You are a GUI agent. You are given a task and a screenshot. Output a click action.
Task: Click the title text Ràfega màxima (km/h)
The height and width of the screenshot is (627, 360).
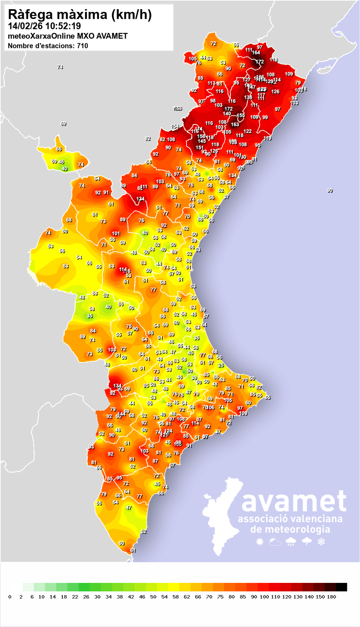[x=80, y=15]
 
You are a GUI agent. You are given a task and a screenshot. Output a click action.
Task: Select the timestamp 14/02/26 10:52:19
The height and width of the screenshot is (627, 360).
[x=44, y=26]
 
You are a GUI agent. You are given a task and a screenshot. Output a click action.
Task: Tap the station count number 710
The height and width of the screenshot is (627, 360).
[x=82, y=46]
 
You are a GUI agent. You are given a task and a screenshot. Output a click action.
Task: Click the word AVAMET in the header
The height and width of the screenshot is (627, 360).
[x=112, y=36]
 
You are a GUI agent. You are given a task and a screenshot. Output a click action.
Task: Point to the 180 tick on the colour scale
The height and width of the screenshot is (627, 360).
[x=332, y=597]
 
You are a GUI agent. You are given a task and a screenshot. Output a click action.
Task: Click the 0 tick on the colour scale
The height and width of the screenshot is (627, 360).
[x=10, y=597]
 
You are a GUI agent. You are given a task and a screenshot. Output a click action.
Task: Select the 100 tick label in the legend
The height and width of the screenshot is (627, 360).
[x=264, y=597]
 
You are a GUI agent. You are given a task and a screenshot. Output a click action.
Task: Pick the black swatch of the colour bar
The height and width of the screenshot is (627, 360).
[x=342, y=587]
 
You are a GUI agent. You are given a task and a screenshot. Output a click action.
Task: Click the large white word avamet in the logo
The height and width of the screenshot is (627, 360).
[x=294, y=501]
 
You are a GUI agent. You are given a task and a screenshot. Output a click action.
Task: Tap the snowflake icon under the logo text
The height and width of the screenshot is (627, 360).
[x=321, y=542]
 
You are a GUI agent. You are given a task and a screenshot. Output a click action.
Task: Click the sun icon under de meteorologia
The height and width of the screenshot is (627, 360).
[x=260, y=542]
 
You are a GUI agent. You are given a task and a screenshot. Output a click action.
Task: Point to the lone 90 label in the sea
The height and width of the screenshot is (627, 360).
[x=330, y=190]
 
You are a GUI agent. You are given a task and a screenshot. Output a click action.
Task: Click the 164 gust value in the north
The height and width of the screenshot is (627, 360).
[x=256, y=53]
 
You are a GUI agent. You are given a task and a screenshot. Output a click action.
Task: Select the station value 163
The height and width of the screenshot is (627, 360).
[x=235, y=124]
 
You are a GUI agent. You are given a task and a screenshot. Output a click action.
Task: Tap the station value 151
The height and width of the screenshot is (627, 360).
[x=200, y=148]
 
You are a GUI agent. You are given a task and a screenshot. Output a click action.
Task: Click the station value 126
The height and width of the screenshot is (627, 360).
[x=275, y=92]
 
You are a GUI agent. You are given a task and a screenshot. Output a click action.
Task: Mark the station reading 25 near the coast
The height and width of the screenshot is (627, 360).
[x=221, y=365]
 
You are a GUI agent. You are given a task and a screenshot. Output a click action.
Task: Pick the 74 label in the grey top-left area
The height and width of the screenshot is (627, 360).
[x=60, y=67]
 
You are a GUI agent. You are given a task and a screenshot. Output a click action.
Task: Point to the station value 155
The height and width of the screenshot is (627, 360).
[x=241, y=115]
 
